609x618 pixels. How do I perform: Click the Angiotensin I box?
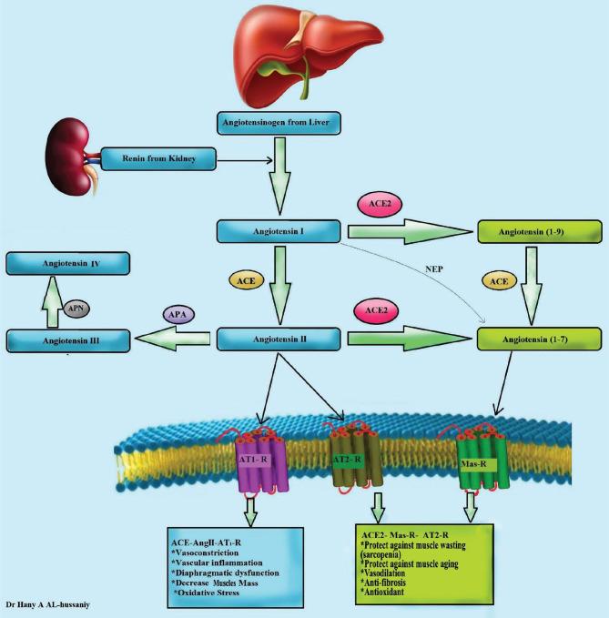pos(278,233)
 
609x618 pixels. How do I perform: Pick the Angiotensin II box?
pos(278,339)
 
